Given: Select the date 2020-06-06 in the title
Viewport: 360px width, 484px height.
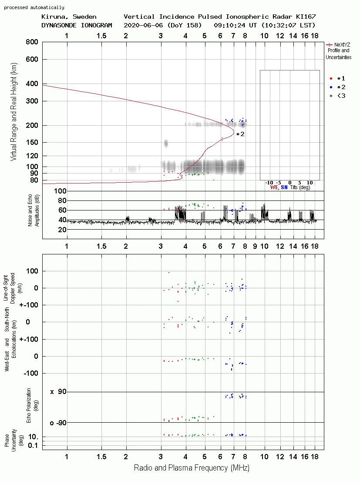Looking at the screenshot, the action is [143, 25].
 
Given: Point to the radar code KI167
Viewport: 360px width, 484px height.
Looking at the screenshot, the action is [306, 17].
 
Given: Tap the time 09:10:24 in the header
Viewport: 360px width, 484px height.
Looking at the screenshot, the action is [229, 25].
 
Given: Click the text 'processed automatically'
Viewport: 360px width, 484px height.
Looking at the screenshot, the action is [34, 7].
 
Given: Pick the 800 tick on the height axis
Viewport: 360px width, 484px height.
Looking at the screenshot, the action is [32, 42].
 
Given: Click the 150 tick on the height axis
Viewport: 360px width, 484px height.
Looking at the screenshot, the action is [32, 142].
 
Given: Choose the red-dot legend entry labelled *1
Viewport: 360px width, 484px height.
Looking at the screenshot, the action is [337, 79].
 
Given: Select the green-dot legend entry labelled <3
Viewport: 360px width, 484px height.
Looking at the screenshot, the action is [337, 96].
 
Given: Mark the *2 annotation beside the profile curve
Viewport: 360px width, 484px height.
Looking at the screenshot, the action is [240, 134].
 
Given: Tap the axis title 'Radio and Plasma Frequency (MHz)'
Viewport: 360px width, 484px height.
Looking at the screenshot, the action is [192, 468].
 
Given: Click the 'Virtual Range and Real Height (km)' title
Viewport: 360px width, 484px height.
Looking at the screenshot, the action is [13, 112].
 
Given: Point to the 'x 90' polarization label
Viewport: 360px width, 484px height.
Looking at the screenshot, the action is [58, 392].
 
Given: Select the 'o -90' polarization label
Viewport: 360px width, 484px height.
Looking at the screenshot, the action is [58, 423].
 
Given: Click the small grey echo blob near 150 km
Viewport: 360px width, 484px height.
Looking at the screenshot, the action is [166, 143].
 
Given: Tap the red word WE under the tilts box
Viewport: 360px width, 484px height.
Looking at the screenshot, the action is [274, 187].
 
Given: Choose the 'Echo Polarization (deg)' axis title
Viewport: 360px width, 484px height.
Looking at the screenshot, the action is [32, 406].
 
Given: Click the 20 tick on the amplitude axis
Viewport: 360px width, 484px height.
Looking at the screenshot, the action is [62, 230].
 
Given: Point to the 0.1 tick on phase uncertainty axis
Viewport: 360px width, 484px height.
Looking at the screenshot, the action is [33, 445].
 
